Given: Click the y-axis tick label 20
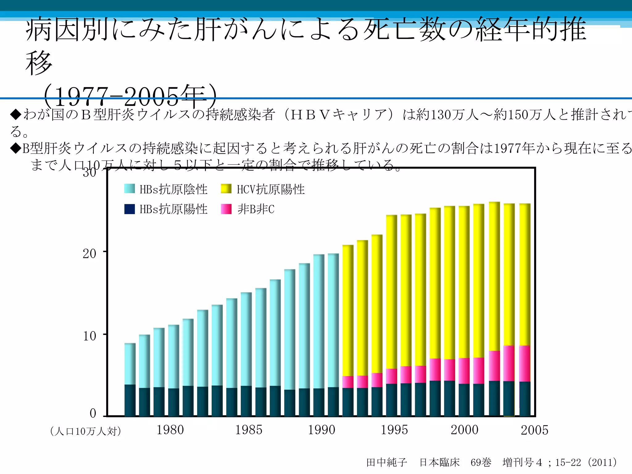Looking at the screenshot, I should [89, 254].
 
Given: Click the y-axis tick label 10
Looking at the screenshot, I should [89, 336].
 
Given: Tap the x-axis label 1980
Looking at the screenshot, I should [170, 430].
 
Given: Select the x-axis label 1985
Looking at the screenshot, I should [249, 430].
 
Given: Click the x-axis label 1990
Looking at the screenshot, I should [321, 430].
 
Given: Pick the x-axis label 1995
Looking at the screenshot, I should [394, 430].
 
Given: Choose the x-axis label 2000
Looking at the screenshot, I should [464, 430].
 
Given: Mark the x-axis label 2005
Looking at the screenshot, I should [534, 430].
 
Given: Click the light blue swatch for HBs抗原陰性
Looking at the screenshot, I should [129, 189].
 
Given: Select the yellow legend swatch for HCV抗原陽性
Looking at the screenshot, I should [226, 189].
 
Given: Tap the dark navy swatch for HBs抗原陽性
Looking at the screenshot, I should [129, 209].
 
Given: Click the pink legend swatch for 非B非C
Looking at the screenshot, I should [226, 209].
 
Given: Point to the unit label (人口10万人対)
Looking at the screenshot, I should [85, 431].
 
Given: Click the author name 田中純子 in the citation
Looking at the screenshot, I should [387, 462].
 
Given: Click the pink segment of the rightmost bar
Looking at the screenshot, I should [525, 364].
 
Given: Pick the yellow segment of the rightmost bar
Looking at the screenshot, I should [525, 275].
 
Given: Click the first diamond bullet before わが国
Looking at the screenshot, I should [15, 114].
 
